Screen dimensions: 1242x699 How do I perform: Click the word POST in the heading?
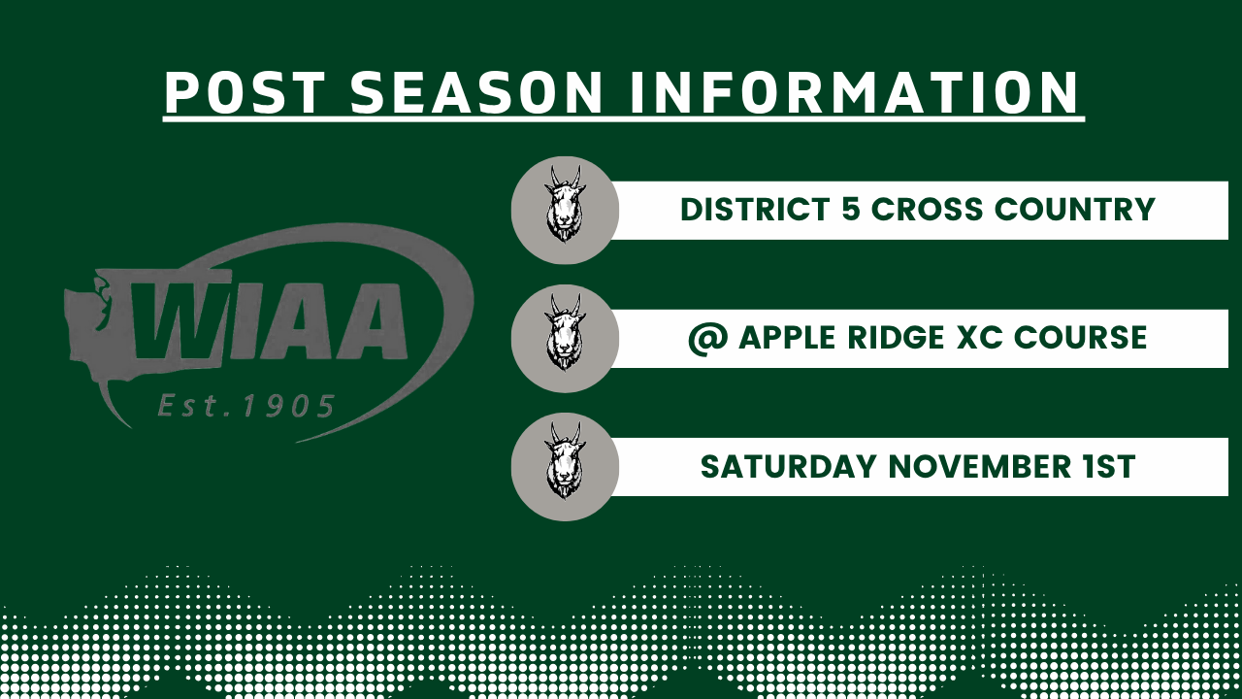point(245,92)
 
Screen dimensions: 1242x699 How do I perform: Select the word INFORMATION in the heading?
point(854,92)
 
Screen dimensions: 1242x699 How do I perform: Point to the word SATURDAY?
point(788,467)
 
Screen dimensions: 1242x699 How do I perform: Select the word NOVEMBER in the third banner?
point(980,467)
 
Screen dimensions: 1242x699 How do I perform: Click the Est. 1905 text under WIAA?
point(246,406)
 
